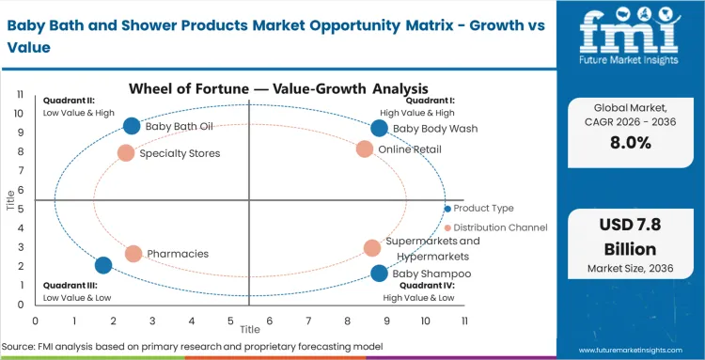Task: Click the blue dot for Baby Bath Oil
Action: (132, 126)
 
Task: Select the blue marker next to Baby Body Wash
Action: (379, 128)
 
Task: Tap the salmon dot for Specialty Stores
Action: (126, 153)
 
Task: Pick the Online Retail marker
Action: (365, 149)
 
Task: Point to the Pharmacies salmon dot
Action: (133, 254)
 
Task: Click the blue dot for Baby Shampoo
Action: (379, 274)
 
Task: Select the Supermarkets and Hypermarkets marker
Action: (372, 248)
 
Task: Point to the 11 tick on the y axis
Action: (20, 94)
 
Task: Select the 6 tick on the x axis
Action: (270, 321)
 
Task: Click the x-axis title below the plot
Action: (249, 330)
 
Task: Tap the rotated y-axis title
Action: (9, 200)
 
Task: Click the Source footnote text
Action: (192, 347)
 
